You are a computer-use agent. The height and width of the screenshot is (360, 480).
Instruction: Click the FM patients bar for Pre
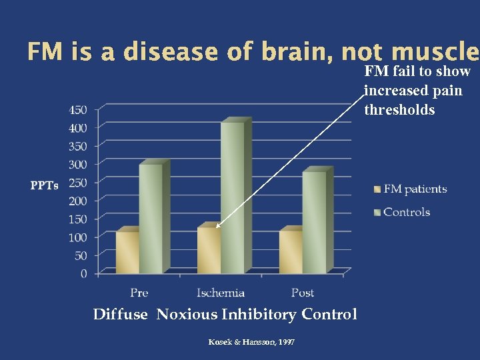click(x=127, y=252)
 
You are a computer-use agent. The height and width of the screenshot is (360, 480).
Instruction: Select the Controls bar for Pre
click(x=151, y=219)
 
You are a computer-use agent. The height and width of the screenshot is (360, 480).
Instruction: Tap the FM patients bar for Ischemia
click(x=209, y=250)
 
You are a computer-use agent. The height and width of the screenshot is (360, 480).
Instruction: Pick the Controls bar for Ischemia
click(x=233, y=198)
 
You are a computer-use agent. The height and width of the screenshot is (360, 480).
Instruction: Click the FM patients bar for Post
click(x=290, y=252)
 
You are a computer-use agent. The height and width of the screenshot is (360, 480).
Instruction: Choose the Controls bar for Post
click(x=314, y=222)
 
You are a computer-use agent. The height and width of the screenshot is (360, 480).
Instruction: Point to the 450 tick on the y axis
click(x=78, y=109)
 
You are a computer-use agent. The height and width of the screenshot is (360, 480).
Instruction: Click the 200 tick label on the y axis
click(x=78, y=200)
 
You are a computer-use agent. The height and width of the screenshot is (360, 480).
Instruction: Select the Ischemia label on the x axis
click(x=221, y=293)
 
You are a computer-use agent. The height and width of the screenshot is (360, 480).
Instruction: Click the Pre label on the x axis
click(x=139, y=293)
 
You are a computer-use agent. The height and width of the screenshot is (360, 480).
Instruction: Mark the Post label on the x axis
click(x=303, y=293)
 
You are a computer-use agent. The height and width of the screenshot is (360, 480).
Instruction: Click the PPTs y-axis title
click(x=44, y=185)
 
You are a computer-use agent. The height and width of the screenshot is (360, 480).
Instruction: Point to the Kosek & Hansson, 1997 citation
click(x=251, y=342)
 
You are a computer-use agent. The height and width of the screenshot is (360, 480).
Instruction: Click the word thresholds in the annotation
click(x=399, y=110)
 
